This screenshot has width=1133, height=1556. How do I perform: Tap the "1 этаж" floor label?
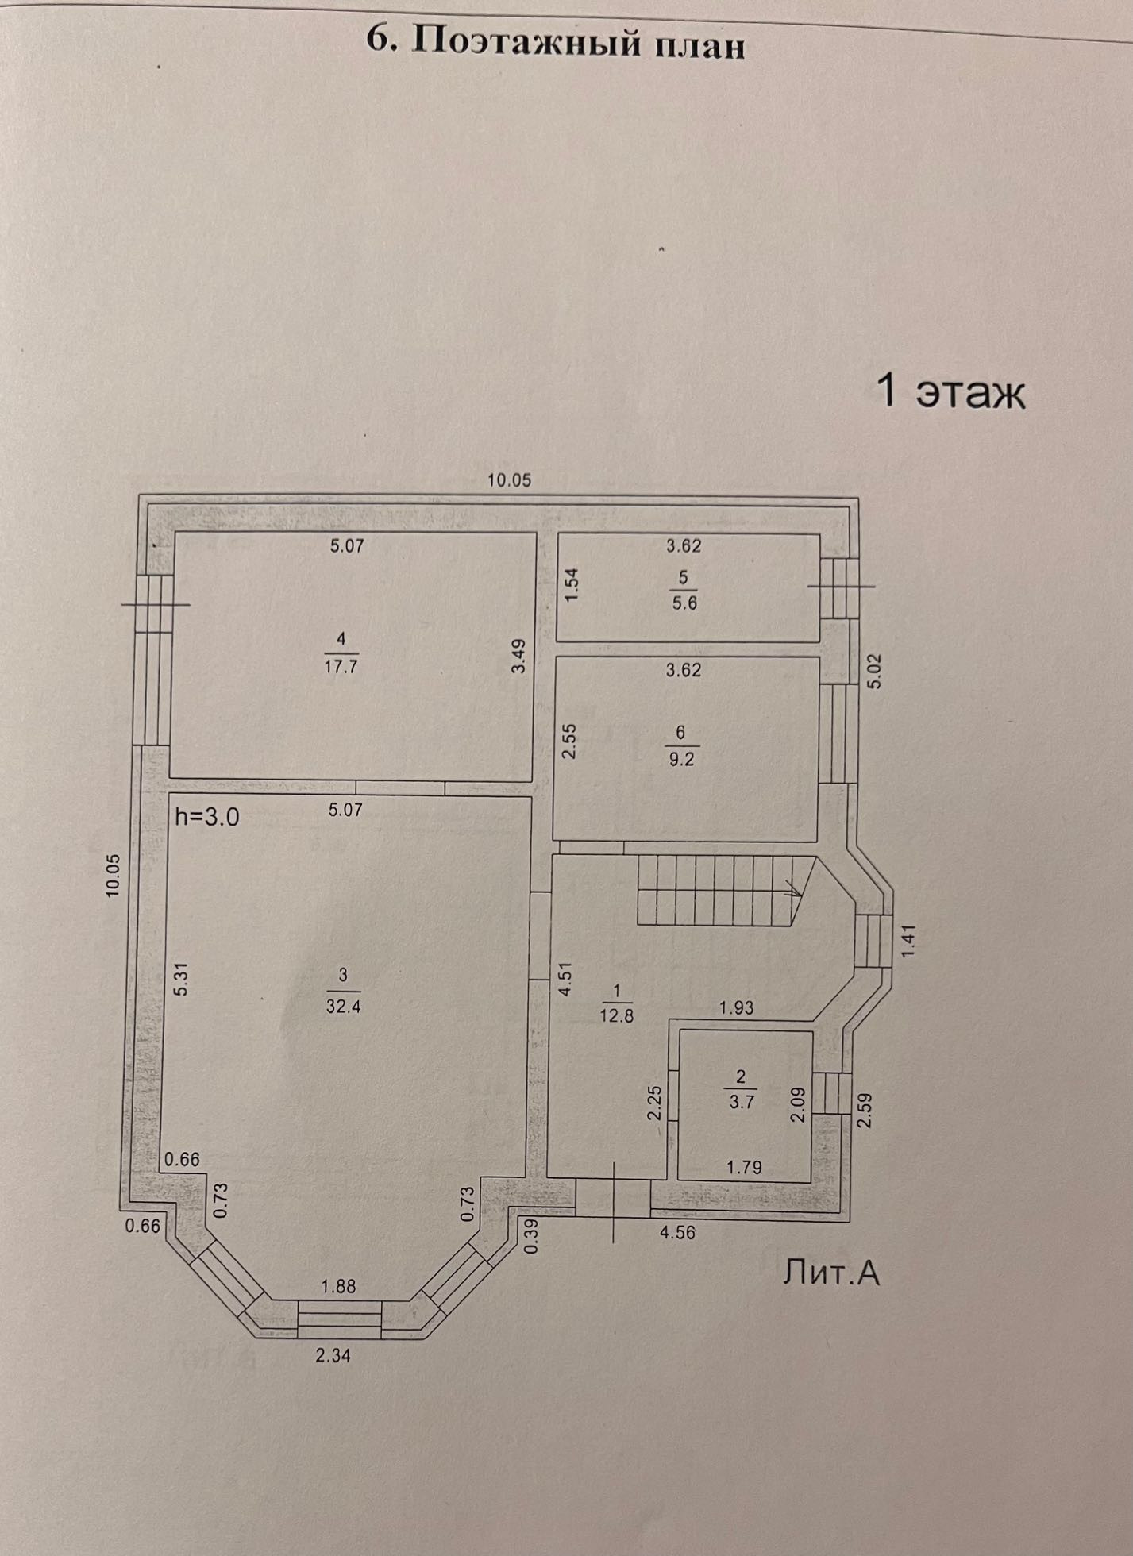pos(950,391)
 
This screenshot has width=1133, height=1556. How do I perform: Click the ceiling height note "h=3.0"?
pos(206,817)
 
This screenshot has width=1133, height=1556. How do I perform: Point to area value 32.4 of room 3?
pos(343,1006)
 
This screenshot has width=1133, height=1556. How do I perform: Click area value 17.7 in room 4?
pos(341,666)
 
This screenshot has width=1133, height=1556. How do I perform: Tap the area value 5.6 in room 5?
pos(684,603)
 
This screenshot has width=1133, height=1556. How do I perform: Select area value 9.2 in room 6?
pos(681,758)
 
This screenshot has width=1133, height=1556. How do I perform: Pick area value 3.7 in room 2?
pos(742,1102)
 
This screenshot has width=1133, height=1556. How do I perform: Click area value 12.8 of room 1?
pos(616,1015)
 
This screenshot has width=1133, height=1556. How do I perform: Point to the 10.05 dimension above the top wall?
pos(509,480)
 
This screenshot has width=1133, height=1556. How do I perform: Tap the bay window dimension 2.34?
pos(333,1356)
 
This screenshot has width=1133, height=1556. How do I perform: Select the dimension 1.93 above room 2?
pos(736,1008)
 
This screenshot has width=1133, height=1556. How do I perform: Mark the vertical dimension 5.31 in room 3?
pos(181,980)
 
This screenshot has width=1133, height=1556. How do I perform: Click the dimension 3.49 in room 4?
pos(518,657)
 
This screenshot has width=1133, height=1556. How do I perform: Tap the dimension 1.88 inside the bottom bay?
pos(338,1286)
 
